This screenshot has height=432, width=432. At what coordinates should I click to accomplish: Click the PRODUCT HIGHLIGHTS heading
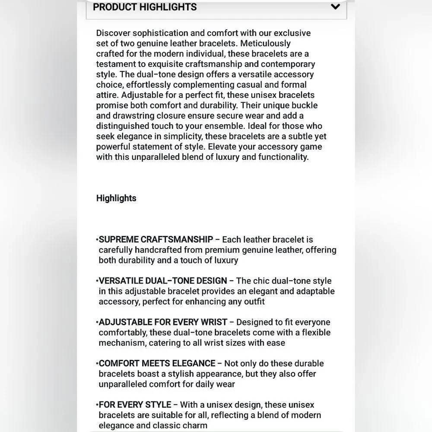coord(145,7)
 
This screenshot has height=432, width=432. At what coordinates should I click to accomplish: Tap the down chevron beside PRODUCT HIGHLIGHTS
coord(335,7)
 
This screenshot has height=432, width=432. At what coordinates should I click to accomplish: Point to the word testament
coord(115,64)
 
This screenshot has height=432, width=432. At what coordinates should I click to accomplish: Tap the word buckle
coord(304,105)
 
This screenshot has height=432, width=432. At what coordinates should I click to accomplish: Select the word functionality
coord(283,157)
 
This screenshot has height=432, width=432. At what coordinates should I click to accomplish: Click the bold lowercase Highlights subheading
coord(116,198)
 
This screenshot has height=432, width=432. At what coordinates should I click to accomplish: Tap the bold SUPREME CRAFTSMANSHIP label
coord(156,239)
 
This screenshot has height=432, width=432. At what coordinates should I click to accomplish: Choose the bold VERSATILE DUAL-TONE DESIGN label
coord(163,281)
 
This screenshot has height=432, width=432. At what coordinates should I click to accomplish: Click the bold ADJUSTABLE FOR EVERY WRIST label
coord(163,322)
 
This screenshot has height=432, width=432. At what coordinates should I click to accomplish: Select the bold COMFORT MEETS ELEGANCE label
coord(157,363)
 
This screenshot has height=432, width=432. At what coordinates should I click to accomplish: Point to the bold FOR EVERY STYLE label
coord(135,405)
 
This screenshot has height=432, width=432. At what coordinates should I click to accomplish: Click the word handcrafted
coord(158,250)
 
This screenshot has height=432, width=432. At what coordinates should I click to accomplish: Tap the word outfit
coord(254,302)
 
